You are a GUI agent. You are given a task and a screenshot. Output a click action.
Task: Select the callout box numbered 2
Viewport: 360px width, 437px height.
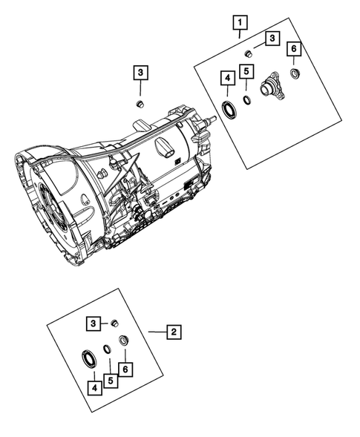point(172,332)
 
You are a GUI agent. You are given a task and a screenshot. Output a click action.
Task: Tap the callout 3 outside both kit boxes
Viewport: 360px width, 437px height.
point(140,73)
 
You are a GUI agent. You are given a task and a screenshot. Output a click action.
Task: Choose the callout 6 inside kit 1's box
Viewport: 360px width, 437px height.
point(294,49)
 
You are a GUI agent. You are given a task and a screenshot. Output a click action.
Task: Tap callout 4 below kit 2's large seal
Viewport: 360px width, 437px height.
point(94,387)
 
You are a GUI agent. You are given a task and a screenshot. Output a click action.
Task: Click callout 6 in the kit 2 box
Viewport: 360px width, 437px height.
point(127,368)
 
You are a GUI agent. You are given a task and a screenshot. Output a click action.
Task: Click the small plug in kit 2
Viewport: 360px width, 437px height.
point(114,323)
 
